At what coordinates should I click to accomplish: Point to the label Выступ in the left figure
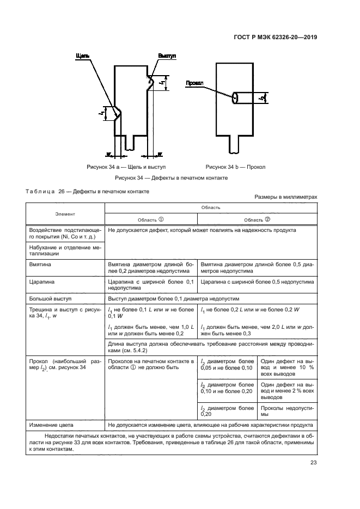coord(167,56)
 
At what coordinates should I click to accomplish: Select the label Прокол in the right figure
coord(194,83)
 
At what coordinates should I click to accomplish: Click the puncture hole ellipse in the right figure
coord(234,97)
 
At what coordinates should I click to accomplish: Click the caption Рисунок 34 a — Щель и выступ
coord(126,167)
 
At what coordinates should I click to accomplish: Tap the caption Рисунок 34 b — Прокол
coord(236,167)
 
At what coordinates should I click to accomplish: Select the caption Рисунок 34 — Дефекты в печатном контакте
coord(170,178)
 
